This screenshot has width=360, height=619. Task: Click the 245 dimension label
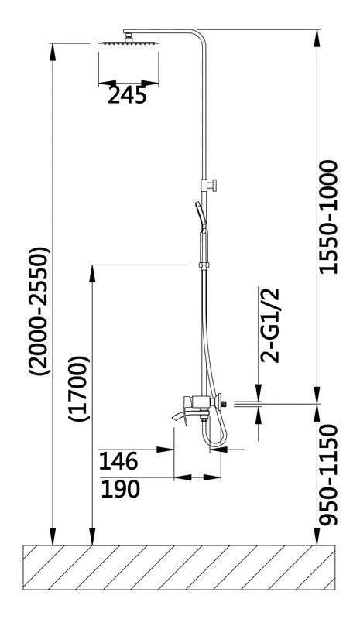(x=127, y=95)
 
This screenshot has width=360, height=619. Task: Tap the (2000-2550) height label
(x=40, y=311)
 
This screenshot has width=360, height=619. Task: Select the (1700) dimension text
(x=79, y=389)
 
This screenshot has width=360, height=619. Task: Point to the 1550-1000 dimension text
(x=328, y=217)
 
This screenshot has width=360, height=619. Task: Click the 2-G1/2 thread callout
(x=270, y=325)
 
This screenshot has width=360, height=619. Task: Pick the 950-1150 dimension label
(x=329, y=475)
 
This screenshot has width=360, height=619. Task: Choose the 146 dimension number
(x=118, y=460)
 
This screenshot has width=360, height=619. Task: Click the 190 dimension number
(x=120, y=488)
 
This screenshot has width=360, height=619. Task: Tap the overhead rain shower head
(x=128, y=43)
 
